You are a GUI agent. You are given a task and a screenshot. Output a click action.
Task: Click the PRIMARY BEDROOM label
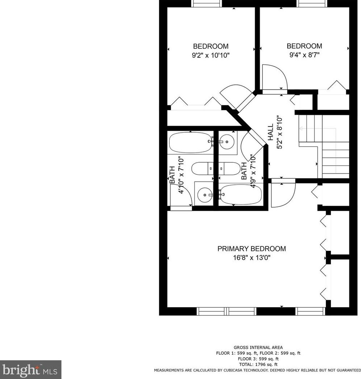[251, 249]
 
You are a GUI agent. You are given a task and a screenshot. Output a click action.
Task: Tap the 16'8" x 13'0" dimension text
[251, 258]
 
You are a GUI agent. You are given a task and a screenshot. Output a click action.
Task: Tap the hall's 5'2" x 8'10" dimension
[279, 132]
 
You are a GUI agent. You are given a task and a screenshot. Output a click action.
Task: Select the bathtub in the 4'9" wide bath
[241, 195]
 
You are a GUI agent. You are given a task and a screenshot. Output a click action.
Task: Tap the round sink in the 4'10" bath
[205, 195]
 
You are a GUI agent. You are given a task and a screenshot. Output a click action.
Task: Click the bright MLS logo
[31, 370]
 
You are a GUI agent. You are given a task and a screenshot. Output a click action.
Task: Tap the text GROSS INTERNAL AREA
[258, 347]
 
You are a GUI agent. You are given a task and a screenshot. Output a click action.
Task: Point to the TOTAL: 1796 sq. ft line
[258, 364]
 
